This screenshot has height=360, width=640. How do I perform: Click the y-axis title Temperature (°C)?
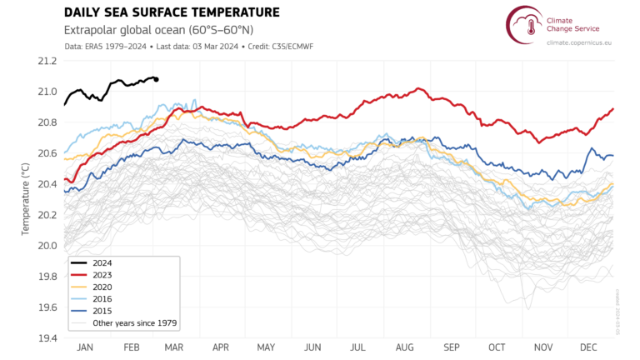pos(26,200)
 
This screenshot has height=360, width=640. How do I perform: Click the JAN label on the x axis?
pos(84,347)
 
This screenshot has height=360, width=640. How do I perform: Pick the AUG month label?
pos(406,347)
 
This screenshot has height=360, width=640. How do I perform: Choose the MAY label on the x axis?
pos(267,347)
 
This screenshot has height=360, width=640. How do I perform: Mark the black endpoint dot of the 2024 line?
pos(157,79)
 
